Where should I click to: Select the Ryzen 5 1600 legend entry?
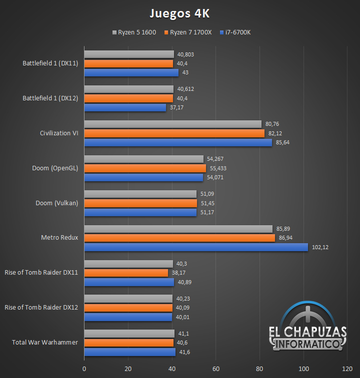click(x=134, y=32)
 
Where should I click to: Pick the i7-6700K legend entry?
click(x=235, y=32)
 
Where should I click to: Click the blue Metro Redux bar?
click(x=195, y=247)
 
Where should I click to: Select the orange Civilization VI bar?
click(x=174, y=133)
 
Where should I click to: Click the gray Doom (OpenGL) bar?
click(x=143, y=159)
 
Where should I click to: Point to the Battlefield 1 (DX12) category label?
click(x=50, y=98)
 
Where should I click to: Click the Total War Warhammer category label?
click(x=45, y=343)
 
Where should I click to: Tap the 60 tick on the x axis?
click(x=215, y=369)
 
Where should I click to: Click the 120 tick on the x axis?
click(x=346, y=369)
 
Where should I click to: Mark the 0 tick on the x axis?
click(x=84, y=369)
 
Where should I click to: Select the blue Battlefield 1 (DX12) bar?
click(x=124, y=107)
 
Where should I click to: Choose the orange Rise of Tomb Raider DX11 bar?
click(x=125, y=273)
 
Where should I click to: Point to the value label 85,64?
click(x=282, y=143)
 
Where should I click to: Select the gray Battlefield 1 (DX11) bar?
click(x=128, y=54)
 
